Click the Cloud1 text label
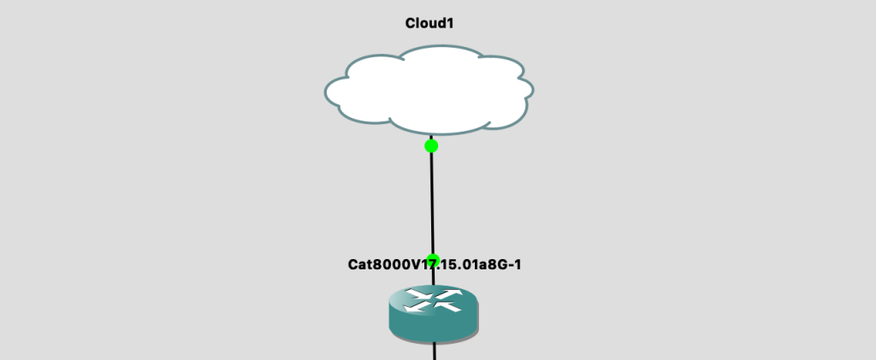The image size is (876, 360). tap(429, 23)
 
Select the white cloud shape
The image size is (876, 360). tap(429, 90)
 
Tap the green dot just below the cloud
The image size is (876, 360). tap(431, 146)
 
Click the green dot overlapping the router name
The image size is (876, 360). tap(433, 260)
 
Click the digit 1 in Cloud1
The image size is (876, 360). tap(448, 23)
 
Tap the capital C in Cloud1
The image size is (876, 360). tap(411, 23)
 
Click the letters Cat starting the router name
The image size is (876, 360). tap(358, 264)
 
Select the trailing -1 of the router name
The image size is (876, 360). tap(515, 264)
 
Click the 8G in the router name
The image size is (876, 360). tap(497, 264)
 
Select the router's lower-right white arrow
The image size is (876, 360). tap(447, 305)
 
